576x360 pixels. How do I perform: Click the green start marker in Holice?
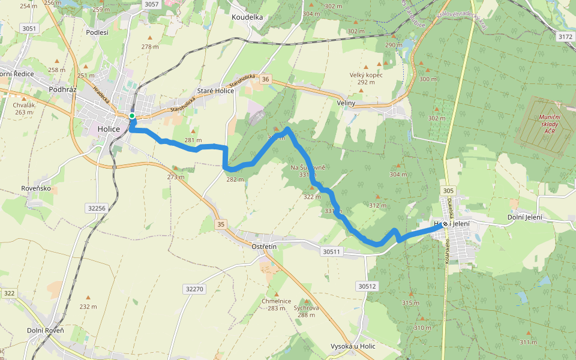[131, 116]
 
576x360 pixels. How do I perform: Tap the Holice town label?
[109, 129]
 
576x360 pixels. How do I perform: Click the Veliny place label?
[346, 103]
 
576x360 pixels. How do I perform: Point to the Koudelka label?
[247, 17]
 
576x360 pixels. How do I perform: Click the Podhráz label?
[61, 88]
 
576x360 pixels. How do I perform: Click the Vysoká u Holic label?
[353, 347]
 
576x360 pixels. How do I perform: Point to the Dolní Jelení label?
[524, 217]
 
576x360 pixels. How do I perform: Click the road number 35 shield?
[221, 224]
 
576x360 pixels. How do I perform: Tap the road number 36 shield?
[266, 79]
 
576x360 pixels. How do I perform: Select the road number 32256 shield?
[96, 208]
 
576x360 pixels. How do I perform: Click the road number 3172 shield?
[565, 37]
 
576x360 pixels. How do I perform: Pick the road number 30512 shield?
[367, 286]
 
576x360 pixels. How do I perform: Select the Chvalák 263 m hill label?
[24, 109]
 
